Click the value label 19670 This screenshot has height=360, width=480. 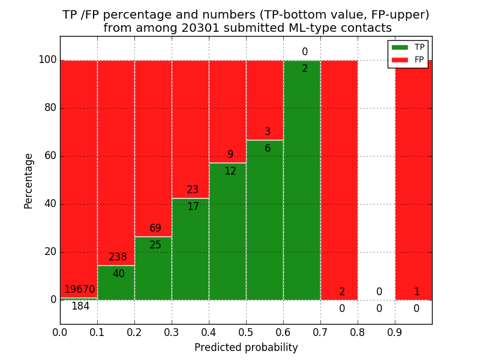pos(80,290)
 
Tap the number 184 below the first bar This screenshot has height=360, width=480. pos(80,307)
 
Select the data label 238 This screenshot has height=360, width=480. pos(118,257)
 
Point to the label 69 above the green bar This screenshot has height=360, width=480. pos(155,229)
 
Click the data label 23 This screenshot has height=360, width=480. pos(193,190)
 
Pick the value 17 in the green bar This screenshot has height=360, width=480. pos(193,207)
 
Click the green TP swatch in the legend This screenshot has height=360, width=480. pos(400,47)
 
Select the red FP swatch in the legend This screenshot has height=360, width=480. pos(400,59)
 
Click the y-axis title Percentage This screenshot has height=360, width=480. pos(29,181)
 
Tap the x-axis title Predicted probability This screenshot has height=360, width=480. pos(246,347)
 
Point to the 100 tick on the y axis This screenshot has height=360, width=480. pos(47,60)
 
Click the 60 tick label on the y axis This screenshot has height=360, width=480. pos(50,156)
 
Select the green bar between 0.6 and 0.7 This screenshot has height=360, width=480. pos(302,180)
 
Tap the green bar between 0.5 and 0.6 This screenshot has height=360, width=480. pos(265,222)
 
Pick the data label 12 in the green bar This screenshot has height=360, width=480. pos(230,172)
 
